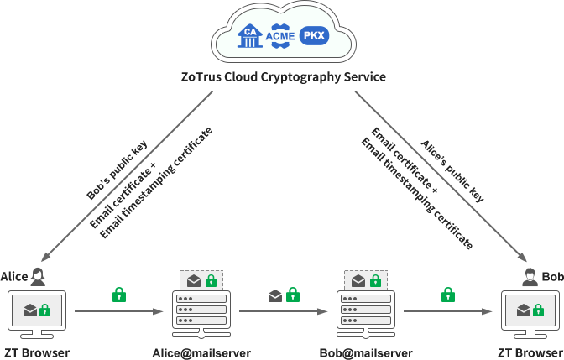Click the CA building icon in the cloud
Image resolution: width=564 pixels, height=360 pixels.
250,36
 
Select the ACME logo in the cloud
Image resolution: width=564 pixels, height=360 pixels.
280,36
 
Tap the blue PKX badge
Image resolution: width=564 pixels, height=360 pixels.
314,36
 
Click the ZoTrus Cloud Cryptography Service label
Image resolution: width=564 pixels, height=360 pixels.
283,77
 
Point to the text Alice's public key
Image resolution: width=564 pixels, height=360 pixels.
452,171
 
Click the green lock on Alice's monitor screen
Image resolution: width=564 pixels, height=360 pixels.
45,310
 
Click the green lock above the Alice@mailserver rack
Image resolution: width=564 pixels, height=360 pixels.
211,280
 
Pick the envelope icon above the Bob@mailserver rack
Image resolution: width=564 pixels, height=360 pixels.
358,280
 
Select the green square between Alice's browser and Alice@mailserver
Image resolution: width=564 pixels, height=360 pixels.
119,294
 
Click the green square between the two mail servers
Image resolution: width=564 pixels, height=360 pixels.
292,294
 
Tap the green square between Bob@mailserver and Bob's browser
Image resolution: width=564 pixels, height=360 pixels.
448,294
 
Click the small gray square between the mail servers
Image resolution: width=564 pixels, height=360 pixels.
274,295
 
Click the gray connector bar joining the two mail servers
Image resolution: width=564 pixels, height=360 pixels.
283,312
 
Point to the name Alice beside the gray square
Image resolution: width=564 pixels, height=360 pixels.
13,276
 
